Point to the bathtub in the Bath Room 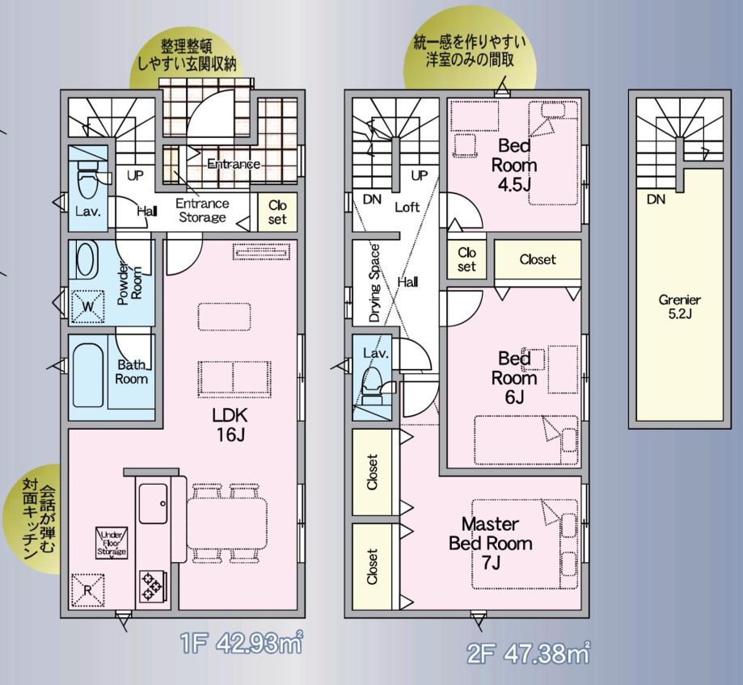[x=88, y=376]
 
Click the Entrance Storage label [x=202, y=211]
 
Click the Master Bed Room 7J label [x=491, y=543]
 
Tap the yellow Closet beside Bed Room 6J [x=538, y=260]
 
